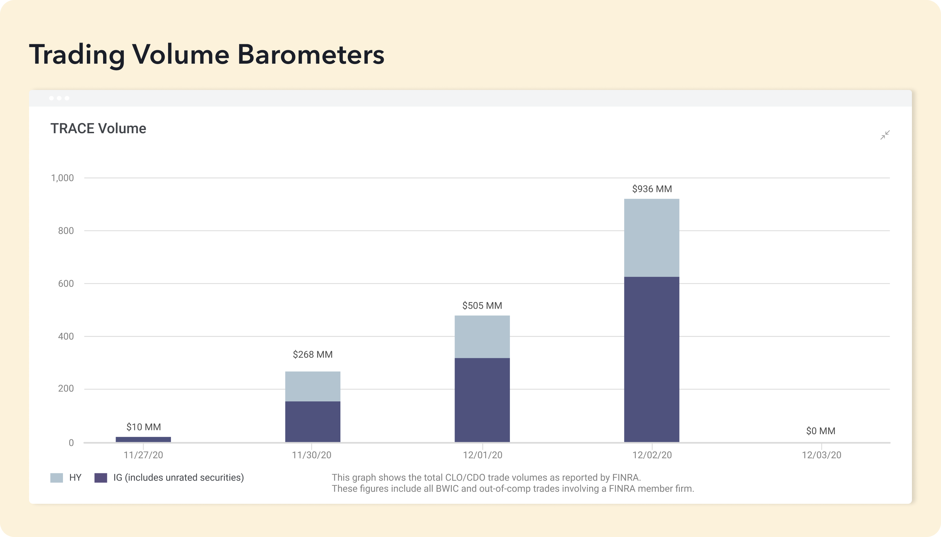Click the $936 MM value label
click(x=652, y=189)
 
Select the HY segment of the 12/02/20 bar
click(x=651, y=238)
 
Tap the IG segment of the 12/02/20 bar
click(x=651, y=359)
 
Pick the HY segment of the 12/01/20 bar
click(x=482, y=337)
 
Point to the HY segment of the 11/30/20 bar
click(x=313, y=386)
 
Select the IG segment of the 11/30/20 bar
click(x=313, y=421)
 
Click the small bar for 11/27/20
click(x=144, y=439)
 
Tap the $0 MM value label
click(x=821, y=431)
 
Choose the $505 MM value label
click(x=482, y=306)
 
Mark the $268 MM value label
click(x=313, y=354)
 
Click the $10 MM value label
click(x=144, y=427)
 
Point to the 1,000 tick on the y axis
click(x=62, y=178)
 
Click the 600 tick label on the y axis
click(x=66, y=284)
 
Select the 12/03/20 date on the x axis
click(x=822, y=455)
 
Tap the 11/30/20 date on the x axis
click(x=312, y=455)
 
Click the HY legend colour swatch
click(x=56, y=477)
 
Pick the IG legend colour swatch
click(x=101, y=477)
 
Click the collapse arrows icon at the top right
click(x=885, y=135)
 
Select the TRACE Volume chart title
click(x=99, y=129)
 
